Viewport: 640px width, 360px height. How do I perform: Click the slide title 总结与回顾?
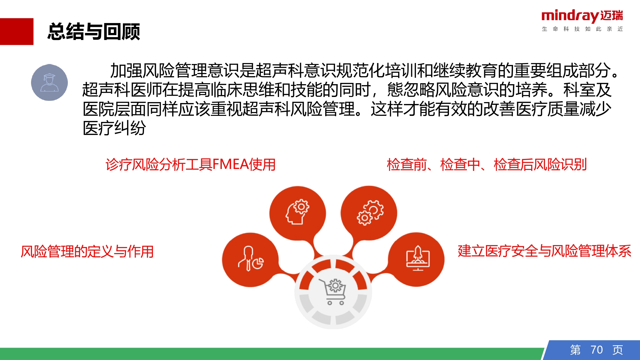pyautogui.click(x=93, y=32)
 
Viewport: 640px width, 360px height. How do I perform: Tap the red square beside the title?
pyautogui.click(x=17, y=31)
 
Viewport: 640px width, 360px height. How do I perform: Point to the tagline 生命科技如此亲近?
pyautogui.click(x=582, y=29)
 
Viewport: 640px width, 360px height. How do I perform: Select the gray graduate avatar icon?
pyautogui.click(x=49, y=83)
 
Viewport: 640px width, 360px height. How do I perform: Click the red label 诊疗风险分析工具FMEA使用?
pyautogui.click(x=190, y=164)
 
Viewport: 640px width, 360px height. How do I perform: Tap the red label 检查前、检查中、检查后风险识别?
pyautogui.click(x=486, y=164)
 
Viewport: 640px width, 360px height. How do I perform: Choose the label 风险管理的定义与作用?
pyautogui.click(x=87, y=252)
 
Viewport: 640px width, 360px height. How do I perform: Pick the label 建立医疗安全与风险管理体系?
pyautogui.click(x=544, y=251)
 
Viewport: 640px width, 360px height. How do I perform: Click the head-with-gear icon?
pyautogui.click(x=297, y=212)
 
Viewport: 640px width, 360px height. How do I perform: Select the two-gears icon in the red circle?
pyautogui.click(x=370, y=212)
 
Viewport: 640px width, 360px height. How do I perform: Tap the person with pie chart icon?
pyautogui.click(x=251, y=259)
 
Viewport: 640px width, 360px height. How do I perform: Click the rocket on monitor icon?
pyautogui.click(x=418, y=258)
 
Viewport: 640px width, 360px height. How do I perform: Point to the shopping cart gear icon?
pyautogui.click(x=333, y=292)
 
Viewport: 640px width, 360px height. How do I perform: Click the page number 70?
pyautogui.click(x=596, y=350)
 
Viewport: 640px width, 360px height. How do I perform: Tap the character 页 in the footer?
pyautogui.click(x=618, y=350)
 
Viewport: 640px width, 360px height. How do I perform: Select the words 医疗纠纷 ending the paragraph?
pyautogui.click(x=114, y=128)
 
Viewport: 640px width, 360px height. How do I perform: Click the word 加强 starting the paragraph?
pyautogui.click(x=126, y=71)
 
